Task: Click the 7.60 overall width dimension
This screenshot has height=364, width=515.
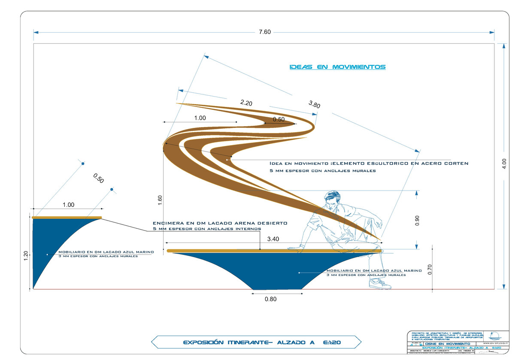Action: (265, 33)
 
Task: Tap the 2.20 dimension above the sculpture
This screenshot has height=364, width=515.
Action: (246, 103)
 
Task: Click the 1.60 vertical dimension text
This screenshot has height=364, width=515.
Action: (160, 200)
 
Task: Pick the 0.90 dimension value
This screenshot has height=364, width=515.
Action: (418, 220)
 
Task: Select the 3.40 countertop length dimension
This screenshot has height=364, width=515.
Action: (274, 239)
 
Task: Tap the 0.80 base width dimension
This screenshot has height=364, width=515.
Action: (271, 299)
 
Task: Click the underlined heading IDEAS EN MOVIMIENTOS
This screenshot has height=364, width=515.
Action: (337, 67)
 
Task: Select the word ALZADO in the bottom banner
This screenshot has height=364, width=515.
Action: (295, 343)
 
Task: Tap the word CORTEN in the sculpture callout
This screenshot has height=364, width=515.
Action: (456, 164)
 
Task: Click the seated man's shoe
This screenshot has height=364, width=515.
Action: (380, 284)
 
